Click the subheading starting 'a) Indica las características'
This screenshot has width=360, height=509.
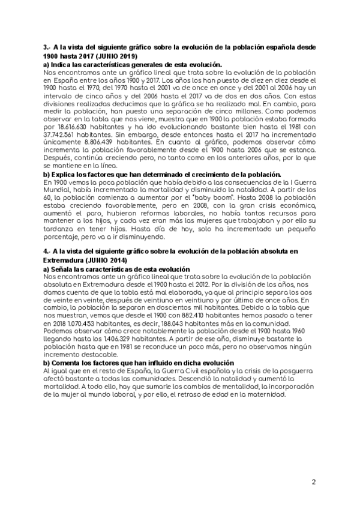click(133, 64)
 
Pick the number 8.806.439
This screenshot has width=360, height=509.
click(107, 143)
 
